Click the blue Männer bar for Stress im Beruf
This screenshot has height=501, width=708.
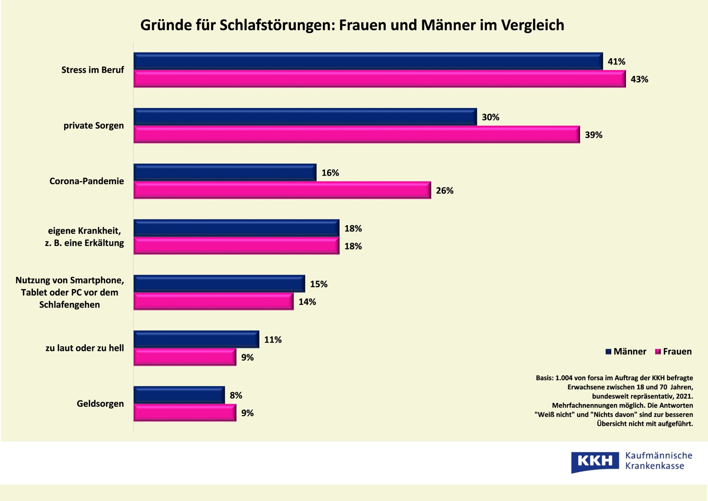click(x=368, y=61)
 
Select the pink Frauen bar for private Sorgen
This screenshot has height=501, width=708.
click(x=356, y=134)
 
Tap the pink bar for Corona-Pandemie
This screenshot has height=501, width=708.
click(x=282, y=190)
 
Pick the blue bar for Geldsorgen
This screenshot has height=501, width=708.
click(x=179, y=395)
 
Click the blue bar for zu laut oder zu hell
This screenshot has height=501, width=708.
click(x=196, y=339)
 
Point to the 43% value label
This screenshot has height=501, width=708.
click(x=639, y=79)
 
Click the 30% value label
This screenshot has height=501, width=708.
click(x=490, y=117)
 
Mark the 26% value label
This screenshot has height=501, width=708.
click(x=444, y=191)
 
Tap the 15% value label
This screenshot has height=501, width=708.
click(x=319, y=284)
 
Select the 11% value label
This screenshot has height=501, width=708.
click(x=273, y=340)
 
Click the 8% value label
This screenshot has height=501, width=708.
click(x=236, y=395)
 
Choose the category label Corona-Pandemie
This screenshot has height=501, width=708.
click(x=87, y=181)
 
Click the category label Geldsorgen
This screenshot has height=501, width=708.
click(x=100, y=404)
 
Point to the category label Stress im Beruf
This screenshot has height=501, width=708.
click(x=93, y=70)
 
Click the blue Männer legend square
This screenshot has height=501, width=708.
click(x=608, y=351)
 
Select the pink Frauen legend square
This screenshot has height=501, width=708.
click(x=658, y=351)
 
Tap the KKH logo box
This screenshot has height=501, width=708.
click(x=595, y=461)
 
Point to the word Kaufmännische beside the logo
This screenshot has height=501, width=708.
click(x=659, y=456)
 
